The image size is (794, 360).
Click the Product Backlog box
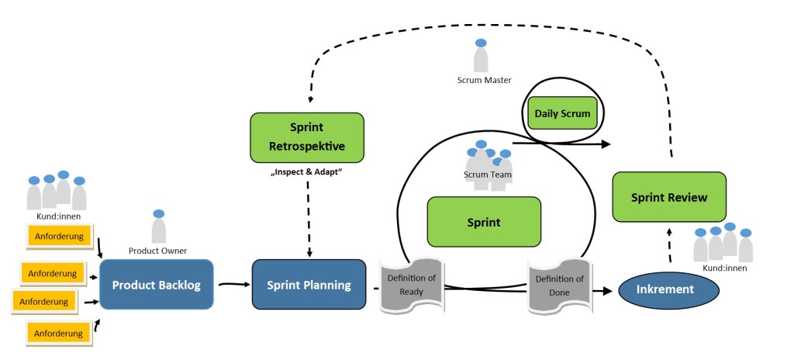(156, 286)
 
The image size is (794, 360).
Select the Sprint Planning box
(309, 286)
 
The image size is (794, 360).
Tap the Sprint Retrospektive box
(307, 137)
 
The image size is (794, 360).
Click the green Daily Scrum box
(562, 114)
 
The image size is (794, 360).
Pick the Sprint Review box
(670, 197)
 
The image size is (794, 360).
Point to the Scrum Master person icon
(481, 55)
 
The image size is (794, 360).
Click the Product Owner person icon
(158, 226)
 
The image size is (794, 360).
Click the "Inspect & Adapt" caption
(307, 170)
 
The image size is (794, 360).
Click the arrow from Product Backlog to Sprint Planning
(232, 285)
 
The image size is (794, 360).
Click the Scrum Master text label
(481, 80)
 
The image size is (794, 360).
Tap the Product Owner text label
(158, 251)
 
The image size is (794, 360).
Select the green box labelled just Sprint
(484, 222)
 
